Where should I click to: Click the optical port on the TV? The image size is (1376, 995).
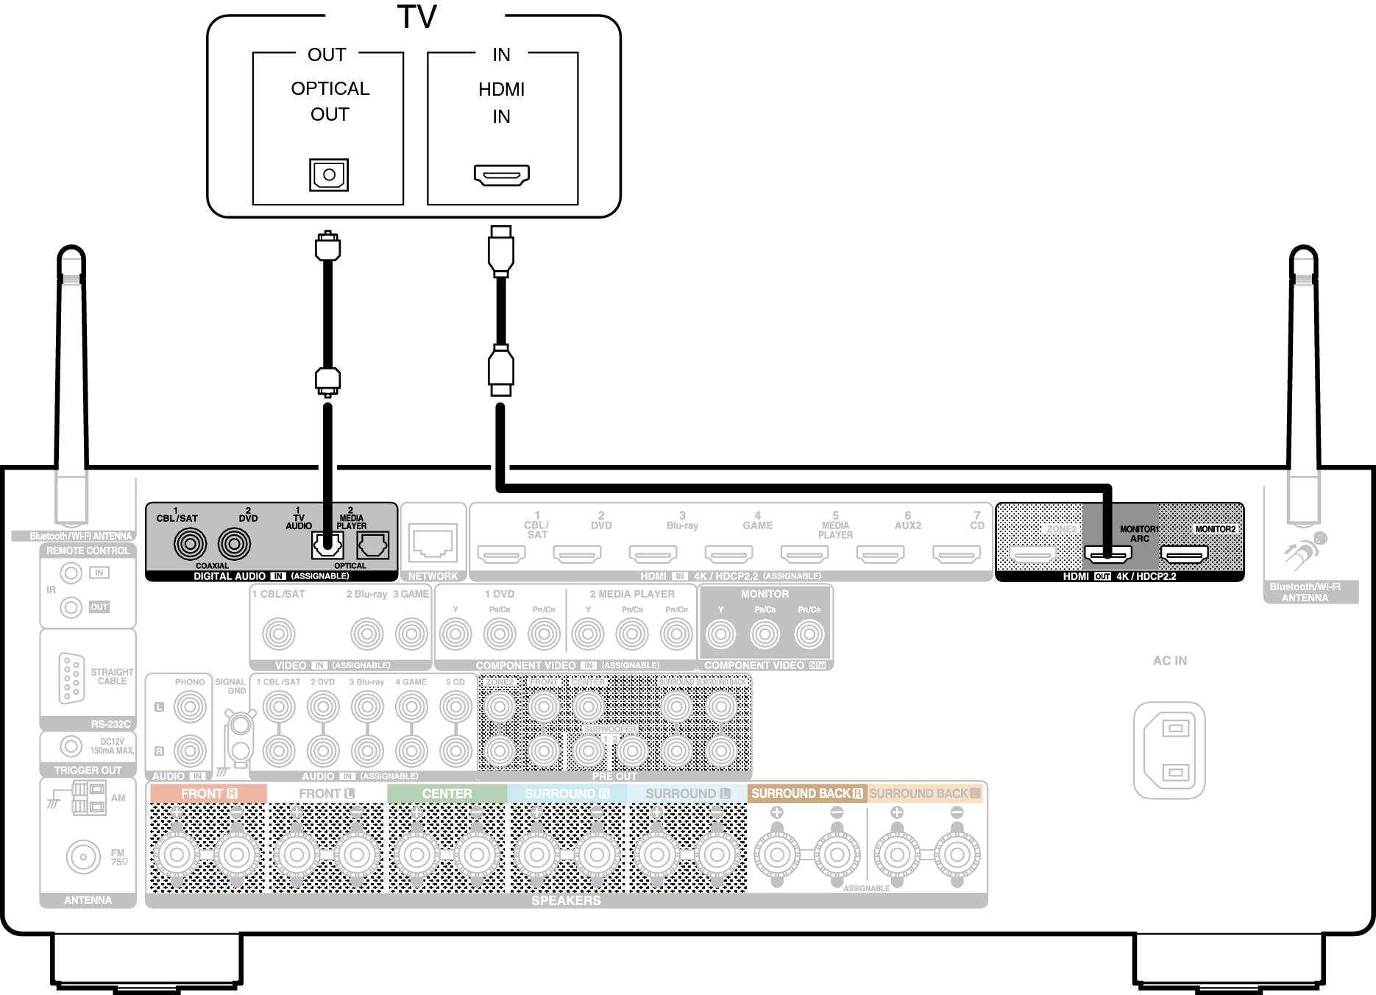329,175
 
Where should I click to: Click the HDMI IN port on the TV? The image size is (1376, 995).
502,175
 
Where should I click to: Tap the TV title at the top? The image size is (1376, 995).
416,16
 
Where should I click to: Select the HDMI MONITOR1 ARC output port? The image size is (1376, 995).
1107,553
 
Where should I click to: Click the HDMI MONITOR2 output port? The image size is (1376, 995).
1184,553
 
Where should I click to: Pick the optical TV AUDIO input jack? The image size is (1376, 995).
327,545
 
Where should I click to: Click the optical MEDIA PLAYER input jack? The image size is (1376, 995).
372,545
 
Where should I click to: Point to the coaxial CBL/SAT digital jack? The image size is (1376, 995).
190,545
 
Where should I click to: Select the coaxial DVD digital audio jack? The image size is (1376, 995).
234,545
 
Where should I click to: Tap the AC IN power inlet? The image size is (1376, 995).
1169,750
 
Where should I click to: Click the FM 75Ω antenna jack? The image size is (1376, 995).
83,857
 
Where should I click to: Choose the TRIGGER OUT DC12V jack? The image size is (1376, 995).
71,746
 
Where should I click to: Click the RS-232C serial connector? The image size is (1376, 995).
71,678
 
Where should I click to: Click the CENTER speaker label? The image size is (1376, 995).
447,793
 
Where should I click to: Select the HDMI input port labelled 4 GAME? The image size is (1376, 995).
728,553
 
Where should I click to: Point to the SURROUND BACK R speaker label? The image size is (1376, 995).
806,793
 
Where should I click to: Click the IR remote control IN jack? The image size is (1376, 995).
71,573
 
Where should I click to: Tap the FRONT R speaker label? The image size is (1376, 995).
209,793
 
